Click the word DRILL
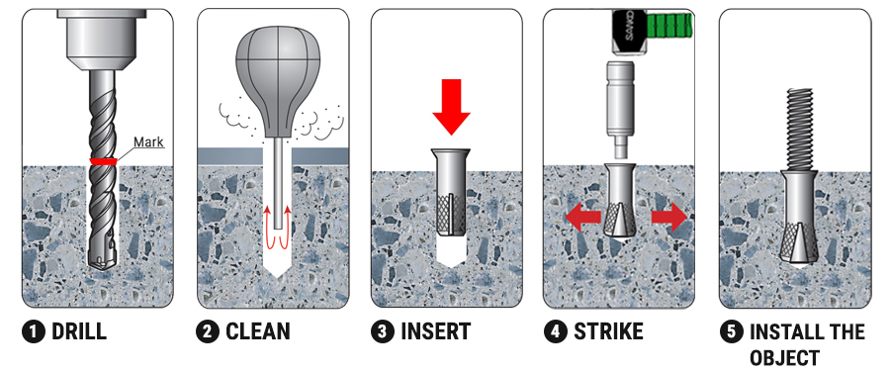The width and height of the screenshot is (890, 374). click(x=79, y=331)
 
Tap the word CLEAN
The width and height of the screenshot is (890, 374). click(x=258, y=331)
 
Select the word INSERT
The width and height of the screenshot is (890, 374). click(x=435, y=331)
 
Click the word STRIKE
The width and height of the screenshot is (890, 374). click(x=608, y=331)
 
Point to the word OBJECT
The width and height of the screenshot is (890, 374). click(x=784, y=358)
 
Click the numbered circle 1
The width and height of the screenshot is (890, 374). click(x=34, y=332)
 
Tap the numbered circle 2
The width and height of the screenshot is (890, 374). click(x=208, y=332)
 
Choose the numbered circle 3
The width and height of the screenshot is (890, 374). click(x=383, y=332)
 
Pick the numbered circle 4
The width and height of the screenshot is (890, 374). click(x=555, y=332)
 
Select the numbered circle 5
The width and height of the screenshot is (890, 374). click(x=731, y=332)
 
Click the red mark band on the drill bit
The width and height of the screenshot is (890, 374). click(x=103, y=161)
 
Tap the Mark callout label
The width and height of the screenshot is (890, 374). click(x=148, y=141)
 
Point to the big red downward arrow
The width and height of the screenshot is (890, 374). click(x=451, y=107)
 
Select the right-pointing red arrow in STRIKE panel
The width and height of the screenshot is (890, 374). click(x=669, y=219)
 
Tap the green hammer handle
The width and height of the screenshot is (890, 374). click(x=669, y=26)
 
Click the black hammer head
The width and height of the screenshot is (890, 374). click(x=629, y=33)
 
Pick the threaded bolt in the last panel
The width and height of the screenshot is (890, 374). click(x=800, y=130)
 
